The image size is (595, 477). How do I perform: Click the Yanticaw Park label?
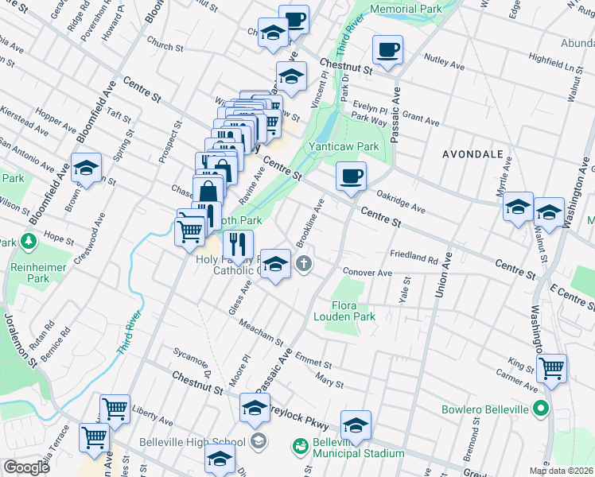[x=344, y=146]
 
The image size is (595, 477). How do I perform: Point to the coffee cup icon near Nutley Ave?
[x=388, y=50]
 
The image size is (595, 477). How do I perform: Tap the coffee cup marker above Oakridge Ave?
[x=350, y=176]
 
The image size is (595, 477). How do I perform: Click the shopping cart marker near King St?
[x=551, y=367]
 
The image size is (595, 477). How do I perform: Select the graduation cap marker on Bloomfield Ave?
[x=86, y=168]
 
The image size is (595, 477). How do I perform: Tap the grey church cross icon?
[x=303, y=263]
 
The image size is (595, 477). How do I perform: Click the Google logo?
[x=26, y=467]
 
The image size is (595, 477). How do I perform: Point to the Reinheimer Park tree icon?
[x=30, y=240]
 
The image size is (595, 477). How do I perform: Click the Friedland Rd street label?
[x=414, y=258]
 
